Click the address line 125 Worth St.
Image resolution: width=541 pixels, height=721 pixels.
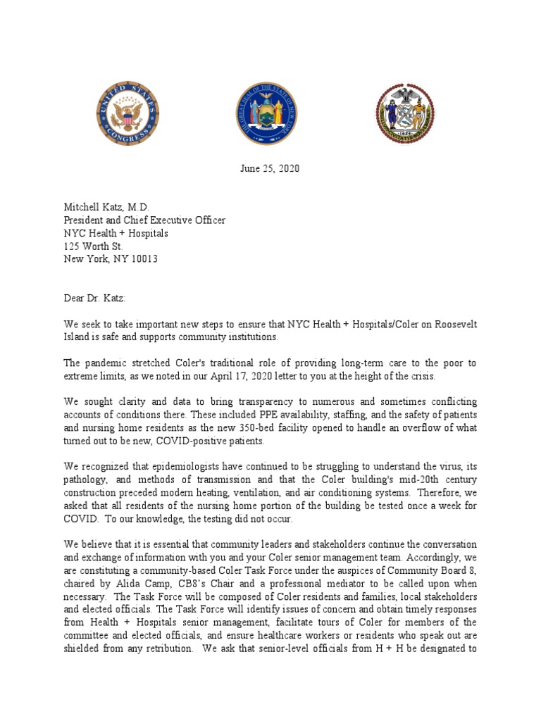92,246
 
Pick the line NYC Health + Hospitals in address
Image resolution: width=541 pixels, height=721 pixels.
116,233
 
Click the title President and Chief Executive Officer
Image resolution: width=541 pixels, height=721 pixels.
145,220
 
